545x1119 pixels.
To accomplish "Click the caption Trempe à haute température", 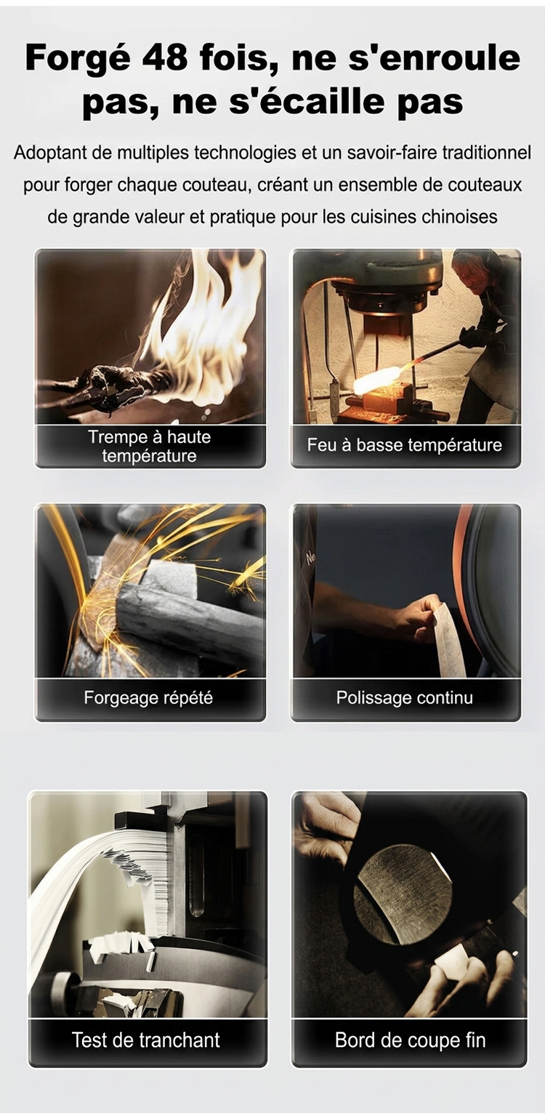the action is [x=149, y=446].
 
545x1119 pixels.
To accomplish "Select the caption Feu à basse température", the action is [x=404, y=444].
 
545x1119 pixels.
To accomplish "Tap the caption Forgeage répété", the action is [x=148, y=697].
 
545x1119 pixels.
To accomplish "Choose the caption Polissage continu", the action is [x=404, y=697].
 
